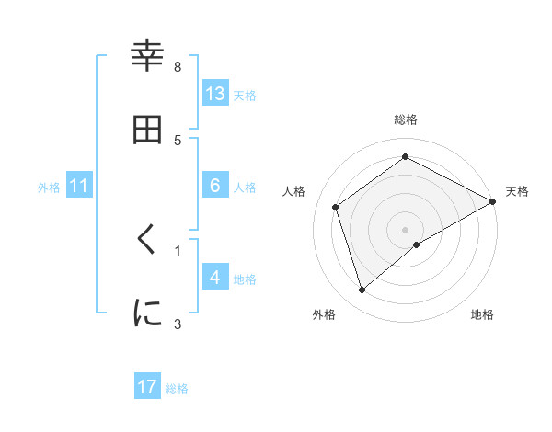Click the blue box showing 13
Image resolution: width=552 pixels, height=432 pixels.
click(215, 94)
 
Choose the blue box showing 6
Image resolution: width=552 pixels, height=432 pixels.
click(215, 186)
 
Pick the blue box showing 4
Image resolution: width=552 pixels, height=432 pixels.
click(215, 278)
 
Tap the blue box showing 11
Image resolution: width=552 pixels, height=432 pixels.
click(79, 187)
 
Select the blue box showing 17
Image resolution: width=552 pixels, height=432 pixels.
click(147, 387)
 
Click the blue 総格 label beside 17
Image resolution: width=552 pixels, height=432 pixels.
click(177, 389)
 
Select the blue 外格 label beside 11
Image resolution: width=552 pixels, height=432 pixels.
click(49, 188)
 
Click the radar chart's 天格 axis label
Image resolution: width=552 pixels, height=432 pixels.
click(517, 191)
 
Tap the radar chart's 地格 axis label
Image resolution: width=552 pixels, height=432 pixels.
click(482, 314)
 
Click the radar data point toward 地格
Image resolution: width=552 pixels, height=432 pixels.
click(417, 244)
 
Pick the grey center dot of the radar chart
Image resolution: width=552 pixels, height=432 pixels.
click(406, 229)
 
